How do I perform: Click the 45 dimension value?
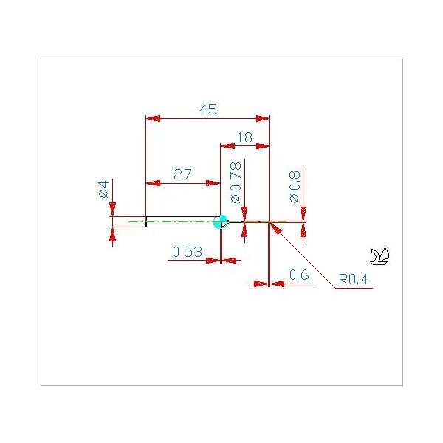point(208,109)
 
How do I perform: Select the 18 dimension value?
point(244,138)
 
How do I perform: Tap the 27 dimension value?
point(182,174)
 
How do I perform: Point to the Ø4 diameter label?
point(103,189)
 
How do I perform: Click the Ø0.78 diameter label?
point(236,182)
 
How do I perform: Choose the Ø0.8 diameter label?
point(295,187)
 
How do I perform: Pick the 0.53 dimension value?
point(188,252)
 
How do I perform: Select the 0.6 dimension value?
point(299,275)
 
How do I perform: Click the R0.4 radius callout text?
point(353,279)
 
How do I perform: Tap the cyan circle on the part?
point(220,221)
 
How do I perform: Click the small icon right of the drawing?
point(380,256)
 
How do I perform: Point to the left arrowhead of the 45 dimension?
point(153,118)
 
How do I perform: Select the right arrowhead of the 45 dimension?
point(263,118)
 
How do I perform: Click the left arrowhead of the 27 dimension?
point(153,183)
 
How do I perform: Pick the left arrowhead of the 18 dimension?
point(227,146)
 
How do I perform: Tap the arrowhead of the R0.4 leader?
point(275,228)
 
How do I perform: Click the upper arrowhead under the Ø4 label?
point(112,210)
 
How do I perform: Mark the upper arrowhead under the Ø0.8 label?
point(303,214)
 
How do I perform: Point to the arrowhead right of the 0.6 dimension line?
point(277,284)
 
